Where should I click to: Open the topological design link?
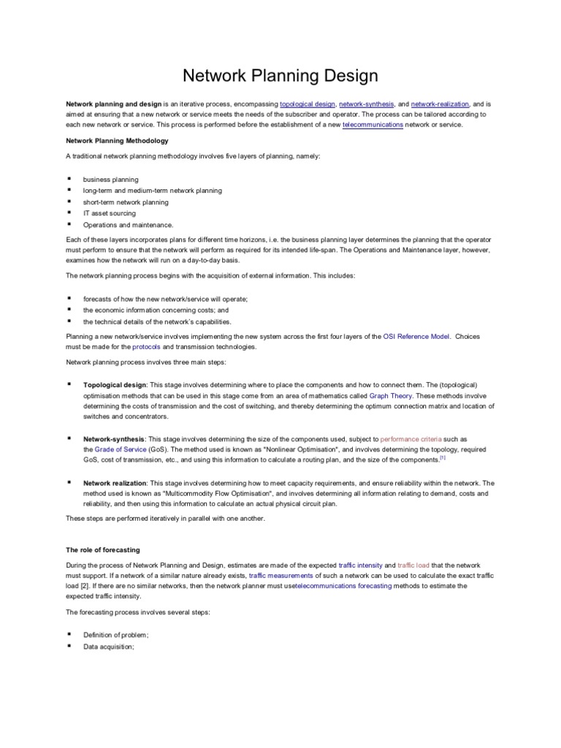(x=306, y=104)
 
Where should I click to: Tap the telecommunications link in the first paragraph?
(x=373, y=125)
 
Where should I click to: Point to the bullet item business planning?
(x=110, y=179)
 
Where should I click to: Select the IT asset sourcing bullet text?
(x=109, y=213)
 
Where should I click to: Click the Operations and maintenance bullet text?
(x=128, y=225)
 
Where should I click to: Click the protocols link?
(x=145, y=347)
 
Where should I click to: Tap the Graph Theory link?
(x=394, y=395)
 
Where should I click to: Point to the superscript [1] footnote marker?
(x=442, y=459)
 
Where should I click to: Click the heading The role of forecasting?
(x=102, y=549)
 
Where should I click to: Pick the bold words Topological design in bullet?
(x=115, y=384)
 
